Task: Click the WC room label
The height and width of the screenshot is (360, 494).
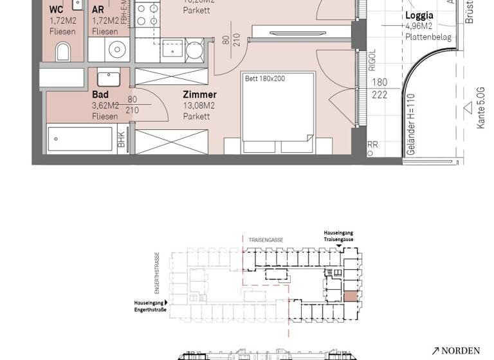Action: (57, 10)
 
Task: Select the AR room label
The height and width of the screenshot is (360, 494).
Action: (98, 10)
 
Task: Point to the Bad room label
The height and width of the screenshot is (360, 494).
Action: (100, 94)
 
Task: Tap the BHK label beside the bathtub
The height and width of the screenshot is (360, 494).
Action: (121, 139)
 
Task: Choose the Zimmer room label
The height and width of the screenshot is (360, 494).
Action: (199, 94)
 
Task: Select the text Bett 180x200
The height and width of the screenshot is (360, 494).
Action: (264, 78)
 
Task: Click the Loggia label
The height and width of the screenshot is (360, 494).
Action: (419, 15)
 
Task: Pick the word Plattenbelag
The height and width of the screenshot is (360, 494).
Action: (428, 37)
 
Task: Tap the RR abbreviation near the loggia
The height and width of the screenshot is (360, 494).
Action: (372, 145)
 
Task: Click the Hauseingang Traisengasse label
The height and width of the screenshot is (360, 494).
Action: (338, 236)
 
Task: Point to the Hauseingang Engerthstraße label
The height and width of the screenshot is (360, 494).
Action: (150, 305)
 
